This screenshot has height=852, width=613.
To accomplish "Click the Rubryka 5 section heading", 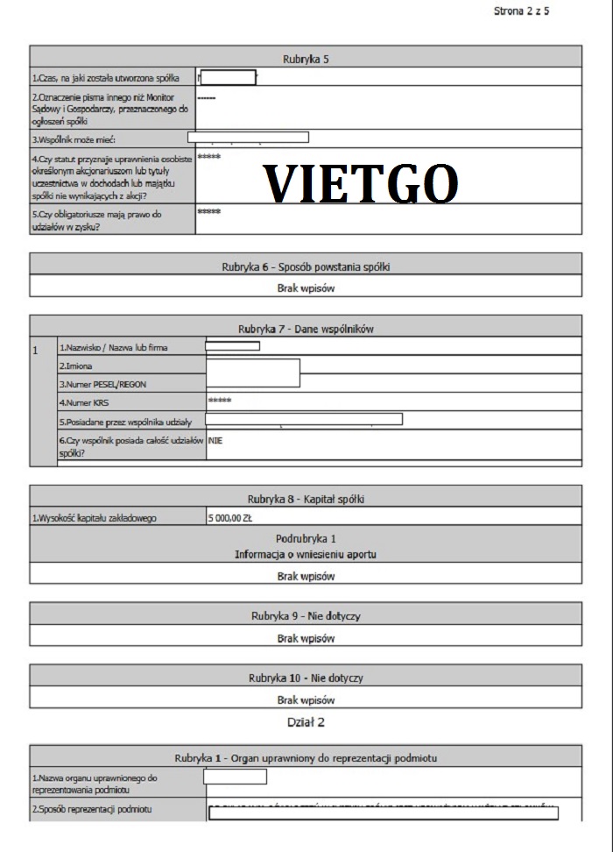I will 306,59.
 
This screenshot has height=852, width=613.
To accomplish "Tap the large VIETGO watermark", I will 361,184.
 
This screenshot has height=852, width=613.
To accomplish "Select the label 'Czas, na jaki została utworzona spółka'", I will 106,79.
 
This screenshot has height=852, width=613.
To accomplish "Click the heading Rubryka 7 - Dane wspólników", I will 306,329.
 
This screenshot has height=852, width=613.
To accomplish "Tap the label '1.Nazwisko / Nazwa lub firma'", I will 113,348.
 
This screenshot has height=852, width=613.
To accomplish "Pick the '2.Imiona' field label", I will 75,366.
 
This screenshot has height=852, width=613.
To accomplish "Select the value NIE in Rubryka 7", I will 216,441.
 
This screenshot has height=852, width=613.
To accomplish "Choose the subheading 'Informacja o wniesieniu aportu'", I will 306,555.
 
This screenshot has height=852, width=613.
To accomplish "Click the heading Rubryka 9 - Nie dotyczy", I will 306,616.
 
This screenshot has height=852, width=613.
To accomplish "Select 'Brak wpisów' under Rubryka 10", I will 306,699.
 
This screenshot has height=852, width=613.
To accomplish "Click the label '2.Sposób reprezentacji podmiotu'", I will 92,810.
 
